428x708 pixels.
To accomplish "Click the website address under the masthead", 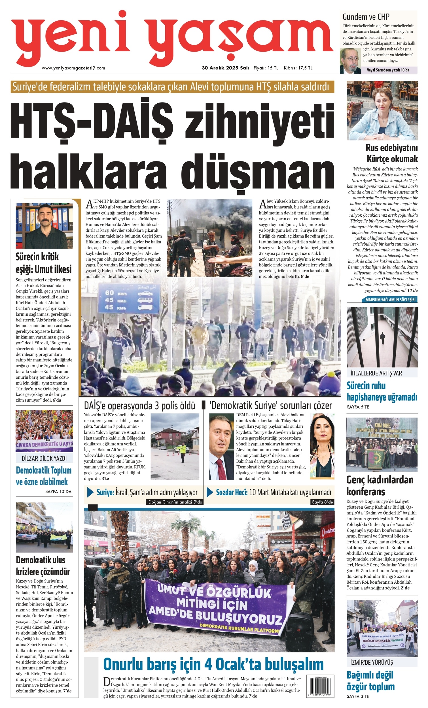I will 73,68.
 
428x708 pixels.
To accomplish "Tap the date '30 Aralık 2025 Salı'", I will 225,68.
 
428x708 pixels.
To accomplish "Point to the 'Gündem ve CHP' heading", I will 366,17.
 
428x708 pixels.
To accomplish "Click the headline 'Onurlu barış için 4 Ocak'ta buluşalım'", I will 213,664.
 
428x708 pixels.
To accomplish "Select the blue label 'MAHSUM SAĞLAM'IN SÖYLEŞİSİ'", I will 390,300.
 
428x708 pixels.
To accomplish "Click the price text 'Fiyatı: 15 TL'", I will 266,68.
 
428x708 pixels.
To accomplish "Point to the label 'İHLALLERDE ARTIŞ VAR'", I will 376,373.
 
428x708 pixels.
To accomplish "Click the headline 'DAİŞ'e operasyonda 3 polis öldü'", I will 139,406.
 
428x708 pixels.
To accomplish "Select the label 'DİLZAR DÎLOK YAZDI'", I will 44,458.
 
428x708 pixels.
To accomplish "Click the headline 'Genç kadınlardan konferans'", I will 380,485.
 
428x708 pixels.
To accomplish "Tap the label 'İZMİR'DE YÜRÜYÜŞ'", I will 372,662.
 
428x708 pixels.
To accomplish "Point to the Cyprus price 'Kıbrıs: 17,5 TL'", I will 298,68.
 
